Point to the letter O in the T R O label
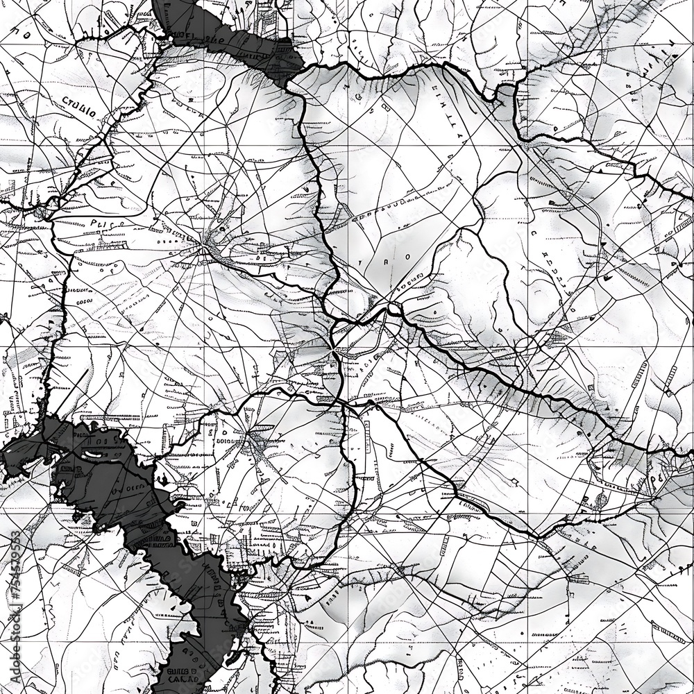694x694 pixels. pos(407,256)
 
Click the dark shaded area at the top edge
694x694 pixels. pos(229,35)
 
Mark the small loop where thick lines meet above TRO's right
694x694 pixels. pos(393,307)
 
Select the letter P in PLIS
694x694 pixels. pos(94,223)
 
